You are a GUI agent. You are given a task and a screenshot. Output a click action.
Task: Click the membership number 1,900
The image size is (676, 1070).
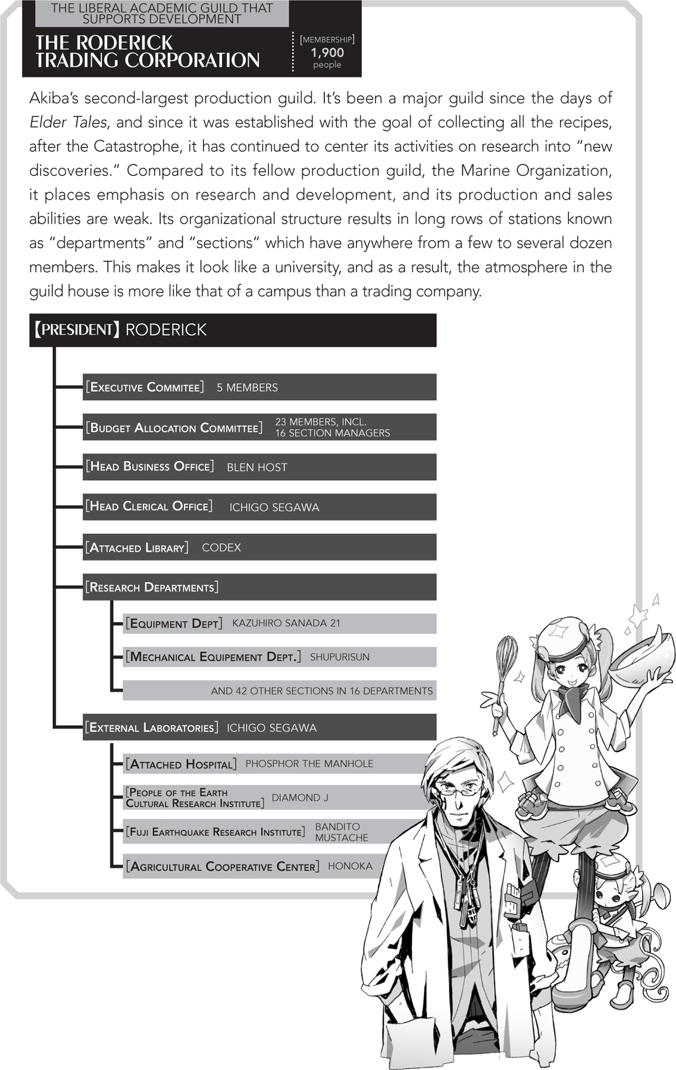[327, 52]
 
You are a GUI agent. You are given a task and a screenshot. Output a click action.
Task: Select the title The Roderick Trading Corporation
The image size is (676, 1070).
[148, 51]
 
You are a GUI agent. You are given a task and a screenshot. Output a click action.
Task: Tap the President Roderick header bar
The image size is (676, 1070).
[232, 330]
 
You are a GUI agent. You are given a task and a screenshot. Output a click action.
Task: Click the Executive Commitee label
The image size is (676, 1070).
[145, 387]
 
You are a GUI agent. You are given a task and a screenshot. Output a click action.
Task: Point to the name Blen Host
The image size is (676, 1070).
[256, 467]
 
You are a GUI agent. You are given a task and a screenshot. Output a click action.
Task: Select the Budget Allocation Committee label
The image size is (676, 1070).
[174, 427]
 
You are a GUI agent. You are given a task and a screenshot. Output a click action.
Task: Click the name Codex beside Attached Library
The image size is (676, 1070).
[221, 547]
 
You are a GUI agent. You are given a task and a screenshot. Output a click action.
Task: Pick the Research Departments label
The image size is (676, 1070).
[152, 587]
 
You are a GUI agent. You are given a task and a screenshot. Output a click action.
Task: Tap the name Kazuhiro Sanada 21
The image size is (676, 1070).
[286, 623]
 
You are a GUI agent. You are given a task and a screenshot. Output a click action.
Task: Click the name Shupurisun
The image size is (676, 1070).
[339, 657]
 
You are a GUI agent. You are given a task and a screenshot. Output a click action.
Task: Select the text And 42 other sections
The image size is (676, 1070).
[321, 691]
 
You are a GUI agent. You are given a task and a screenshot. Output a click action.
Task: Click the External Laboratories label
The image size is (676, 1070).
[152, 728]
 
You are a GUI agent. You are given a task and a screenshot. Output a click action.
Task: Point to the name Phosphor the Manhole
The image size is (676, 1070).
[309, 763]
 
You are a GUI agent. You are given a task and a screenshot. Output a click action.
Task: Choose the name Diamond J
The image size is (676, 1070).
[299, 797]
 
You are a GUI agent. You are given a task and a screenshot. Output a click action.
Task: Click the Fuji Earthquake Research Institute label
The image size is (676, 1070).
[215, 832]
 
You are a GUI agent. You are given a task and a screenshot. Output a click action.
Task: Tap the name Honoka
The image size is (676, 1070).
[350, 866]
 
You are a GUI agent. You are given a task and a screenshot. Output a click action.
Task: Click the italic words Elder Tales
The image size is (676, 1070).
[68, 122]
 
